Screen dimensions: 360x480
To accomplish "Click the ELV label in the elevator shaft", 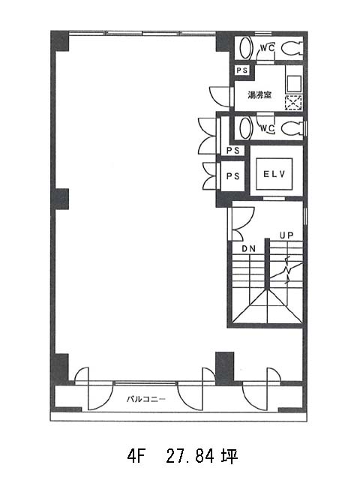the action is pos(274,174).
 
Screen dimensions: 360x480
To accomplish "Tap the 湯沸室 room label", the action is pos(259,95).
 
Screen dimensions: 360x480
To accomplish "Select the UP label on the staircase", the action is pos(286,235).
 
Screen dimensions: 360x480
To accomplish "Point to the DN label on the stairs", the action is pos(248,249).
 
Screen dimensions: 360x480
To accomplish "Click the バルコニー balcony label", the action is pos(146,399).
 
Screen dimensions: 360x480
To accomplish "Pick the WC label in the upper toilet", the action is pos(267,48).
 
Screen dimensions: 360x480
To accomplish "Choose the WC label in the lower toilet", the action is pos(267,128).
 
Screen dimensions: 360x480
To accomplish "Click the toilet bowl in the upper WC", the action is pos(292,48).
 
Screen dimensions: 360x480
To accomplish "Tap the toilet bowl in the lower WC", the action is pos(292,128).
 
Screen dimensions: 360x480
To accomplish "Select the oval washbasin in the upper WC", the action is pos(246,48).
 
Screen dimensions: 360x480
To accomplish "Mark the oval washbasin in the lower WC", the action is pos(246,128).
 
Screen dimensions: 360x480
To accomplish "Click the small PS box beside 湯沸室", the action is pos(241,70).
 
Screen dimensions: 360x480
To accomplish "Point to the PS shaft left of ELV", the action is pos(233,176).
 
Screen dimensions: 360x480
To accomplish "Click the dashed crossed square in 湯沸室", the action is pos(293,103).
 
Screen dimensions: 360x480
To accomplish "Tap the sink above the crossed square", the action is pos(293,84).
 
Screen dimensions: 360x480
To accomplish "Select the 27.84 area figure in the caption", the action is pos(190,457).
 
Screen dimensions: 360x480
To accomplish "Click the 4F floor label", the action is pos(135,457).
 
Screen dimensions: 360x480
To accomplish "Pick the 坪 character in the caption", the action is pos(229,457).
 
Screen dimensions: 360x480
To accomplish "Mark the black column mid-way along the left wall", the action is pos(60,199).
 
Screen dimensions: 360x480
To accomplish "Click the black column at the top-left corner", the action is pos(60,41).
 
